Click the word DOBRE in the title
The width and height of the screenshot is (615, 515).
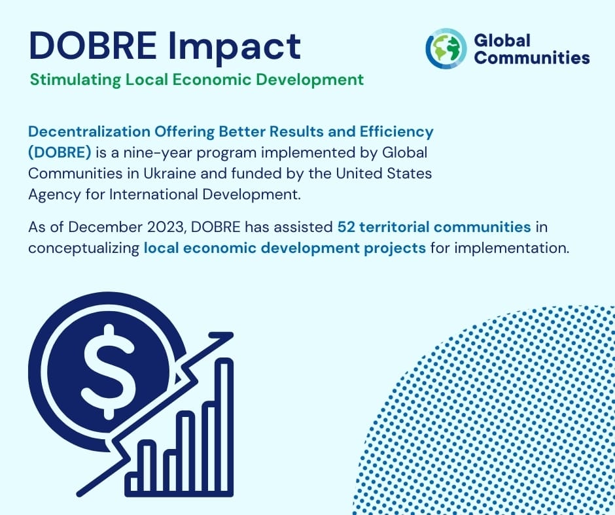(x=92, y=46)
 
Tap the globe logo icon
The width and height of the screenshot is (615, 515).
(x=446, y=48)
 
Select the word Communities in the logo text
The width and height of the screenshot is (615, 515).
(x=532, y=58)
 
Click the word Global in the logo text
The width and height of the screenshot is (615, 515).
(x=502, y=41)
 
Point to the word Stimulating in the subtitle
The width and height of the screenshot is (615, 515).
(x=75, y=80)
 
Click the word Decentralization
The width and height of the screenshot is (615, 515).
(x=89, y=131)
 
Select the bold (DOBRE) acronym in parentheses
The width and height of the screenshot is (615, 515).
(x=60, y=152)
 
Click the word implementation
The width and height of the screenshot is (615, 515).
(x=512, y=248)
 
